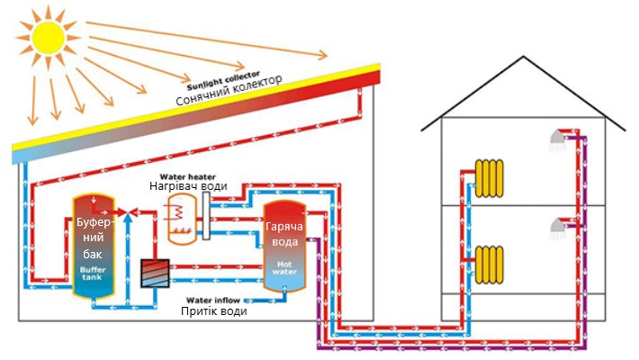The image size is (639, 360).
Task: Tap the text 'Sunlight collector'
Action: coord(225,74)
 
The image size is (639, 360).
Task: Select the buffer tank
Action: coord(92,246)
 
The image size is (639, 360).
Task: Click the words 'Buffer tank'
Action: coord(92,274)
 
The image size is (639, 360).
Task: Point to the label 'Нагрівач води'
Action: coord(188,187)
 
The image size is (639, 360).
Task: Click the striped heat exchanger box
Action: coord(156,274)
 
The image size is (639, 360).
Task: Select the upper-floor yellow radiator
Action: coord(490,178)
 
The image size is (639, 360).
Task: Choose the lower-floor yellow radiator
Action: coord(490,262)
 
